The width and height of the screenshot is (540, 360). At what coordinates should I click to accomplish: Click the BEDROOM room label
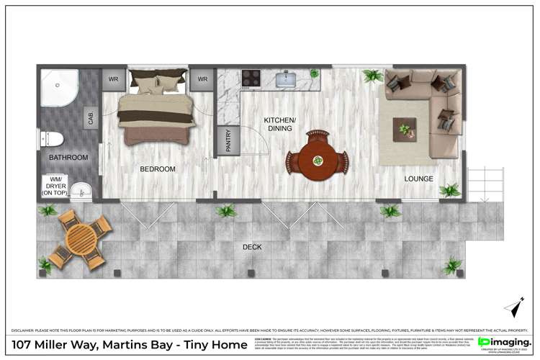(x=158, y=169)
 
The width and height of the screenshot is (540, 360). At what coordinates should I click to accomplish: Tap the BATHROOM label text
(x=68, y=157)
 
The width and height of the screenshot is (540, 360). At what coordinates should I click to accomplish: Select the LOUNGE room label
(x=418, y=179)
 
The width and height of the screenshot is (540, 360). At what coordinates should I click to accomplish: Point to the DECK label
(x=252, y=247)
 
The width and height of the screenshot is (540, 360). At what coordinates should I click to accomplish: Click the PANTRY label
(x=228, y=140)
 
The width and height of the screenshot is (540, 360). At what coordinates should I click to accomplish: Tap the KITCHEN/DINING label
(x=278, y=124)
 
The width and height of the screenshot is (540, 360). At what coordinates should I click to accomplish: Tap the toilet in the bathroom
(x=53, y=138)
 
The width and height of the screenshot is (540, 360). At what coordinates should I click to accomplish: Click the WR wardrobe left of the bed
(x=113, y=78)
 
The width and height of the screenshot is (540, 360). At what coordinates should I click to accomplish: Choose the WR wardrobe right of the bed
(x=202, y=78)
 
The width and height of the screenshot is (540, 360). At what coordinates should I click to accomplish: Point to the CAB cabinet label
(x=91, y=117)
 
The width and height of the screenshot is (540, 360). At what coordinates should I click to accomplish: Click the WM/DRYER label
(x=56, y=186)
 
